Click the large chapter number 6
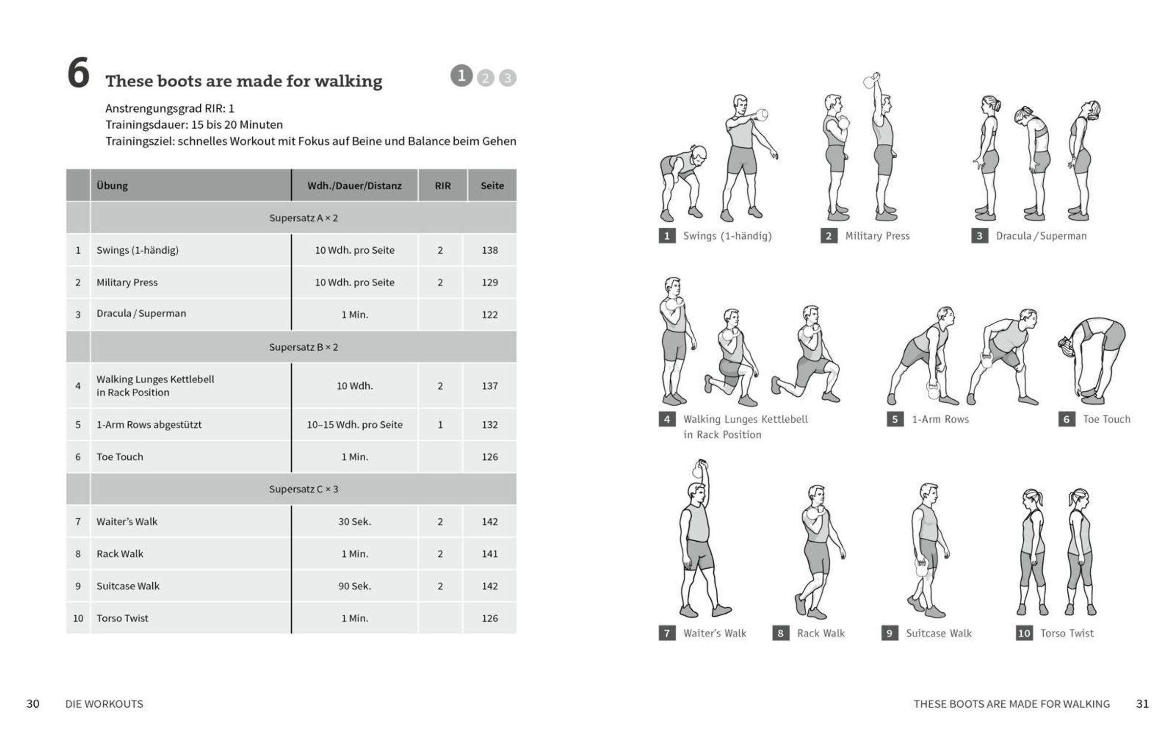[78, 73]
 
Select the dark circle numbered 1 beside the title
[461, 76]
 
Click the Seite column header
[492, 186]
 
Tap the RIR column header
[442, 186]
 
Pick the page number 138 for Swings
[489, 250]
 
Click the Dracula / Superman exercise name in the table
[141, 313]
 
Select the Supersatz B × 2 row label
[303, 347]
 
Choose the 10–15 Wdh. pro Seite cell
[354, 425]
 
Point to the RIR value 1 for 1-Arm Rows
[440, 425]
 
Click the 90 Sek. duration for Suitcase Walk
[354, 586]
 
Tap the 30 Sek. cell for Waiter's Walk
[354, 522]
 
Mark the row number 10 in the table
[78, 619]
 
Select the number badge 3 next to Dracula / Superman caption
[979, 236]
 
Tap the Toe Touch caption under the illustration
[1106, 419]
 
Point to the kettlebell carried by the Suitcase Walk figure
[921, 568]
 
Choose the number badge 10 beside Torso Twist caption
[1024, 633]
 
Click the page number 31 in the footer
[1142, 704]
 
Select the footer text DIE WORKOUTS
[104, 704]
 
